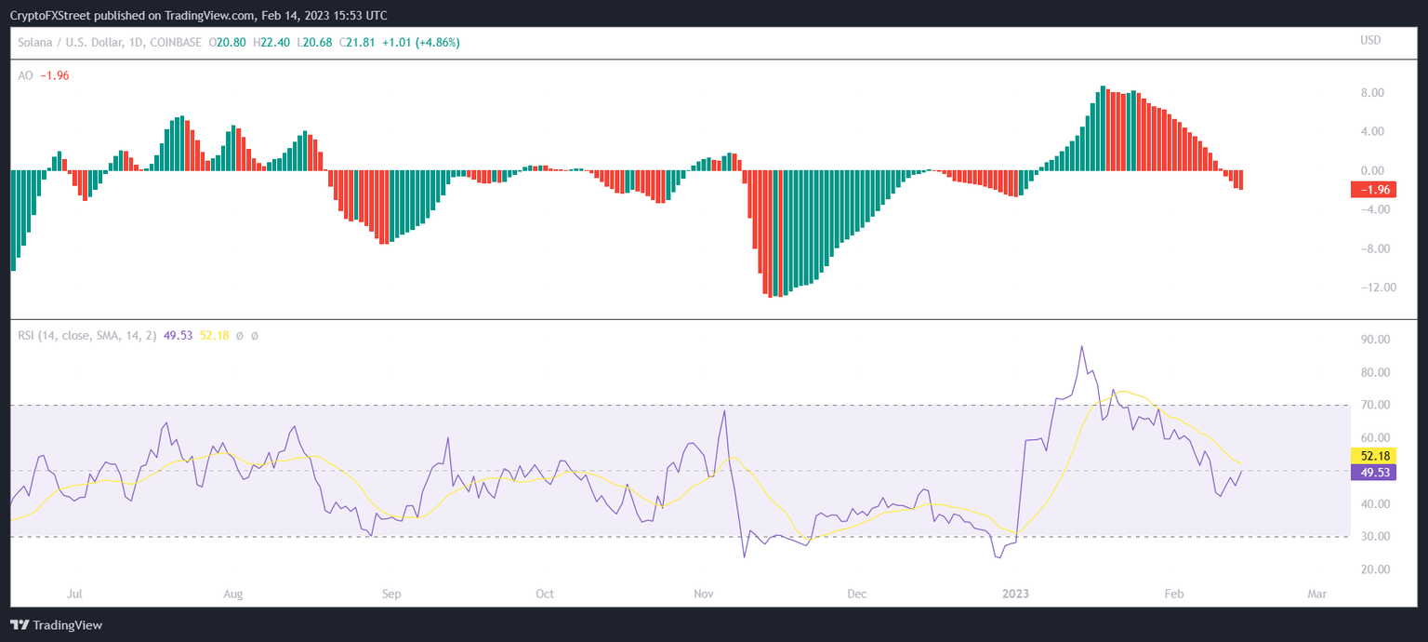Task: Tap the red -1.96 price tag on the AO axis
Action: click(1374, 190)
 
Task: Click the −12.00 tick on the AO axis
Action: click(1368, 288)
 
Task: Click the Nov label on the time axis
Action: click(703, 594)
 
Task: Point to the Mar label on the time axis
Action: click(1316, 594)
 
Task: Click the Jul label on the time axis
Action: click(75, 594)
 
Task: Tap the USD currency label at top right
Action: click(1370, 40)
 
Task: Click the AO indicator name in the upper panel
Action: click(25, 75)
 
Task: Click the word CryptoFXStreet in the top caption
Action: click(52, 16)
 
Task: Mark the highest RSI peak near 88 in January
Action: click(1081, 346)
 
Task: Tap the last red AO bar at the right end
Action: click(1240, 181)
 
